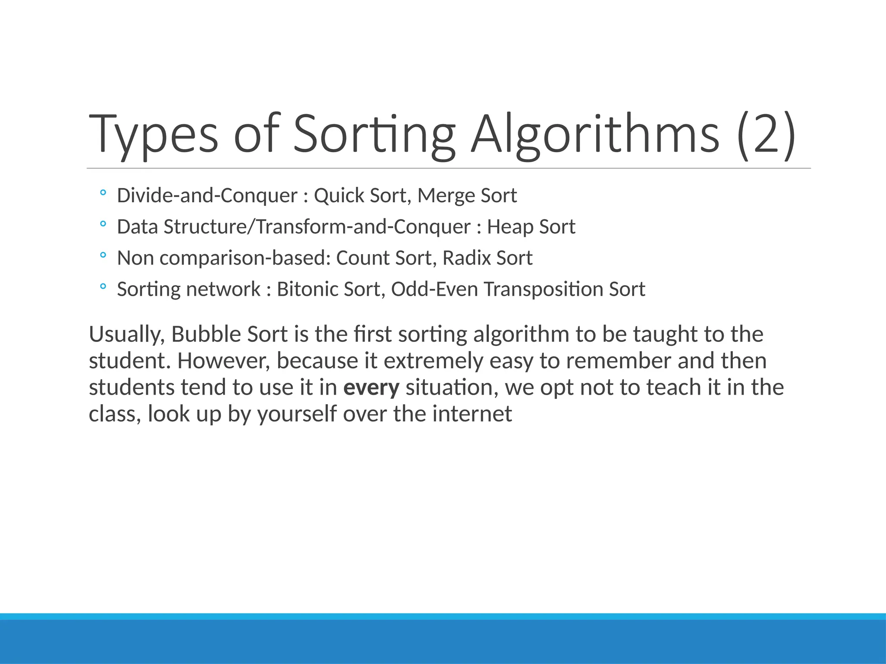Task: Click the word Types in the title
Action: pos(154,134)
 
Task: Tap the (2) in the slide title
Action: pos(766,134)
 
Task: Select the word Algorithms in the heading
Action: pos(595,134)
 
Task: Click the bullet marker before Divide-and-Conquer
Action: pos(103,193)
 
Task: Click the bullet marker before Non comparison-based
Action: pos(103,255)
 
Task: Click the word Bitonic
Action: pos(307,289)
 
